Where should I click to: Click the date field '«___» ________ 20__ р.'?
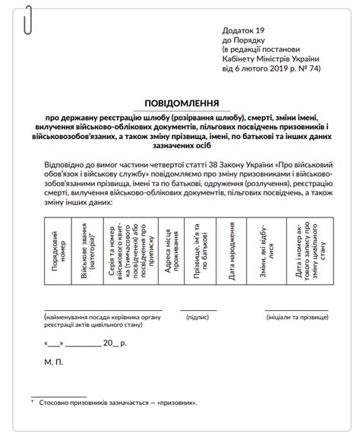point(86,343)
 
